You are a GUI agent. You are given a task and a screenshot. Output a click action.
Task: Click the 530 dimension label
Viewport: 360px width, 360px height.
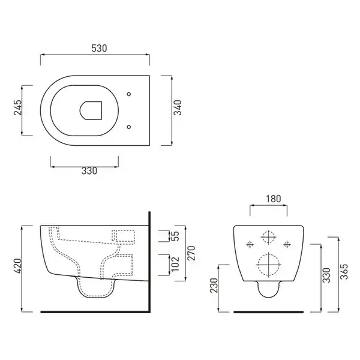coord(99,48)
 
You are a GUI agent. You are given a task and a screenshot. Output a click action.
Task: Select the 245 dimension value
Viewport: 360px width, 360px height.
coord(17,107)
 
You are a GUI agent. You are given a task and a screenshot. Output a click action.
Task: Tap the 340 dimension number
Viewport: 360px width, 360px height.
coord(178,107)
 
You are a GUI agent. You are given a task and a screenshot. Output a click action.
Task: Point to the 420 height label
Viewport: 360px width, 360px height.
coord(17,266)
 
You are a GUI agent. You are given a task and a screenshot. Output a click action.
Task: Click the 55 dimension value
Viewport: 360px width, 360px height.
coord(175,236)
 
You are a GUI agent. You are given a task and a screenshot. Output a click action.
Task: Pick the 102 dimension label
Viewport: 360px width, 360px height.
coord(175,264)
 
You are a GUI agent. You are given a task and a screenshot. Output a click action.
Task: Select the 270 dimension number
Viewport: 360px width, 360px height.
coord(191,253)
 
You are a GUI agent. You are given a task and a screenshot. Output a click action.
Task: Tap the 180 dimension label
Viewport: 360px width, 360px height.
coord(273,199)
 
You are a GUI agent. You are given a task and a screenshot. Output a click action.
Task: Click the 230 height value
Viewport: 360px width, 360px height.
coord(214,286)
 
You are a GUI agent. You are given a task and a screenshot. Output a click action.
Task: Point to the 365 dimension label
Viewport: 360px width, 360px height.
coord(344,272)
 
